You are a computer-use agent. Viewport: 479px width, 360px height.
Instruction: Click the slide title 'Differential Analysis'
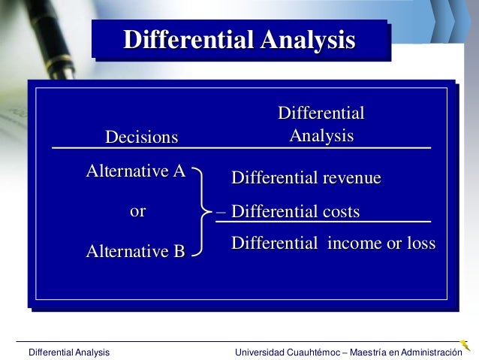click(x=239, y=39)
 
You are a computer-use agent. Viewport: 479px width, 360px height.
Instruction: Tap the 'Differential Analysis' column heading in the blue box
click(x=321, y=125)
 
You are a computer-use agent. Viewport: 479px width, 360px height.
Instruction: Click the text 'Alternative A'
click(x=136, y=171)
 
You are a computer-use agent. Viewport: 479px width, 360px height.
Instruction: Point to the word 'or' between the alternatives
click(x=137, y=211)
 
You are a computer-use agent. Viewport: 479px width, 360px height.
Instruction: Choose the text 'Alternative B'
click(x=136, y=251)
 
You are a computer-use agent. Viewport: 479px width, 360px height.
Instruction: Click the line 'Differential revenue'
click(x=306, y=178)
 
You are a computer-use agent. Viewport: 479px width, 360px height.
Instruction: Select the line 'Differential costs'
click(x=296, y=212)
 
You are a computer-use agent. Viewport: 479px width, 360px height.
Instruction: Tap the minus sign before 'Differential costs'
click(x=221, y=212)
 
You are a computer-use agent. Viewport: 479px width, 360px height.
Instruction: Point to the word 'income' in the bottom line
click(x=356, y=244)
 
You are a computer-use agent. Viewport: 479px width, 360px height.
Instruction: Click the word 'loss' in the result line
click(x=420, y=244)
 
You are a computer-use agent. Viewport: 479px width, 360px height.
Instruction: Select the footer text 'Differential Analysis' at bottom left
click(x=68, y=352)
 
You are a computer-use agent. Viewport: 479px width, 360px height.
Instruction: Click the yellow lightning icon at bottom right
click(x=465, y=345)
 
